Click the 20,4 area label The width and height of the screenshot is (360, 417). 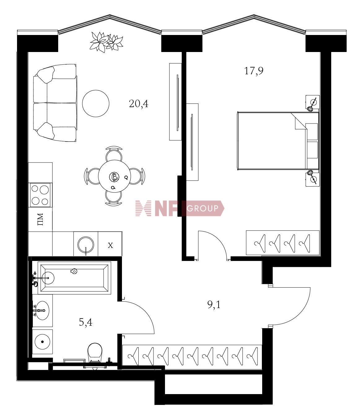pyautogui.click(x=139, y=104)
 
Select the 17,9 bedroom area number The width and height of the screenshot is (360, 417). pyautogui.click(x=254, y=71)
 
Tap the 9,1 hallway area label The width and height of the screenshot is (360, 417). pyautogui.click(x=214, y=305)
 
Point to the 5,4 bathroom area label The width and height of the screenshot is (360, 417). pyautogui.click(x=85, y=322)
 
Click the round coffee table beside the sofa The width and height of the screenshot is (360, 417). pyautogui.click(x=96, y=103)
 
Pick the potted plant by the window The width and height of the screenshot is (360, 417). pyautogui.click(x=106, y=42)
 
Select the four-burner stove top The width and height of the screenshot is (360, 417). pyautogui.click(x=40, y=195)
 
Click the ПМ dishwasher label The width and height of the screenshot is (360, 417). pyautogui.click(x=40, y=219)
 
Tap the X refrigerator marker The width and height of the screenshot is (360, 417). pyautogui.click(x=110, y=245)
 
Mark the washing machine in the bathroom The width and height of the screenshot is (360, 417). pyautogui.click(x=42, y=342)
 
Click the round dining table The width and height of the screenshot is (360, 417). pyautogui.click(x=114, y=176)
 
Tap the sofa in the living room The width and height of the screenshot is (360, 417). pyautogui.click(x=55, y=103)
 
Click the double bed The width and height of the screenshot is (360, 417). pyautogui.click(x=278, y=141)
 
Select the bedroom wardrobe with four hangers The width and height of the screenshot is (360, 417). pyautogui.click(x=283, y=243)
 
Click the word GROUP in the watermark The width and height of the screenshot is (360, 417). pyautogui.click(x=202, y=208)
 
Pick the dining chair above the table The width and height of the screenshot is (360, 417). pyautogui.click(x=114, y=153)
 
